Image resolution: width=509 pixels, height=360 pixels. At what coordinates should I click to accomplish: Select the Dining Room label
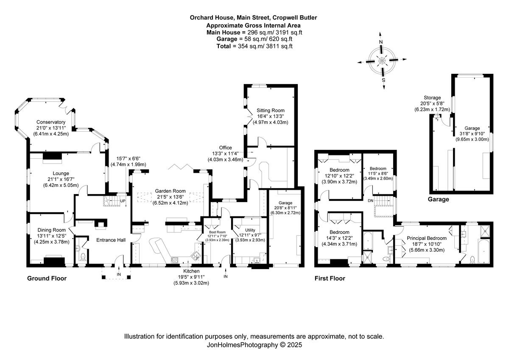(x=51, y=230)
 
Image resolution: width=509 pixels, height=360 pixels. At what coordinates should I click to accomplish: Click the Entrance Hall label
(x=109, y=240)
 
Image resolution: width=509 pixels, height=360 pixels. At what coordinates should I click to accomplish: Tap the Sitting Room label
(x=270, y=110)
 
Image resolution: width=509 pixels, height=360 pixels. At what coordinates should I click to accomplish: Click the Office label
(x=225, y=148)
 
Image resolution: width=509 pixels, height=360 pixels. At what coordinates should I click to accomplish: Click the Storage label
(x=432, y=98)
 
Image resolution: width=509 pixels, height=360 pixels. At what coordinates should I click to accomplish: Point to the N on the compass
(x=381, y=42)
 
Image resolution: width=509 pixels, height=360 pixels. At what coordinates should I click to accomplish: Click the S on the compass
(x=383, y=80)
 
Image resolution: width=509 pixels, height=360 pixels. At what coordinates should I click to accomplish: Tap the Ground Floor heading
(x=47, y=279)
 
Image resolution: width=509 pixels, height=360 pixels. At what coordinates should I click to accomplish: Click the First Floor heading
(x=330, y=279)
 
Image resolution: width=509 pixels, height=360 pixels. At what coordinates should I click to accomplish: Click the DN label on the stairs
(x=370, y=200)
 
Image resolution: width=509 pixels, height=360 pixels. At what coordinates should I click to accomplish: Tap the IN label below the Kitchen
(x=225, y=277)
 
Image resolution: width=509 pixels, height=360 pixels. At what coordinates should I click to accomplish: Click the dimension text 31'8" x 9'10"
(x=468, y=134)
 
